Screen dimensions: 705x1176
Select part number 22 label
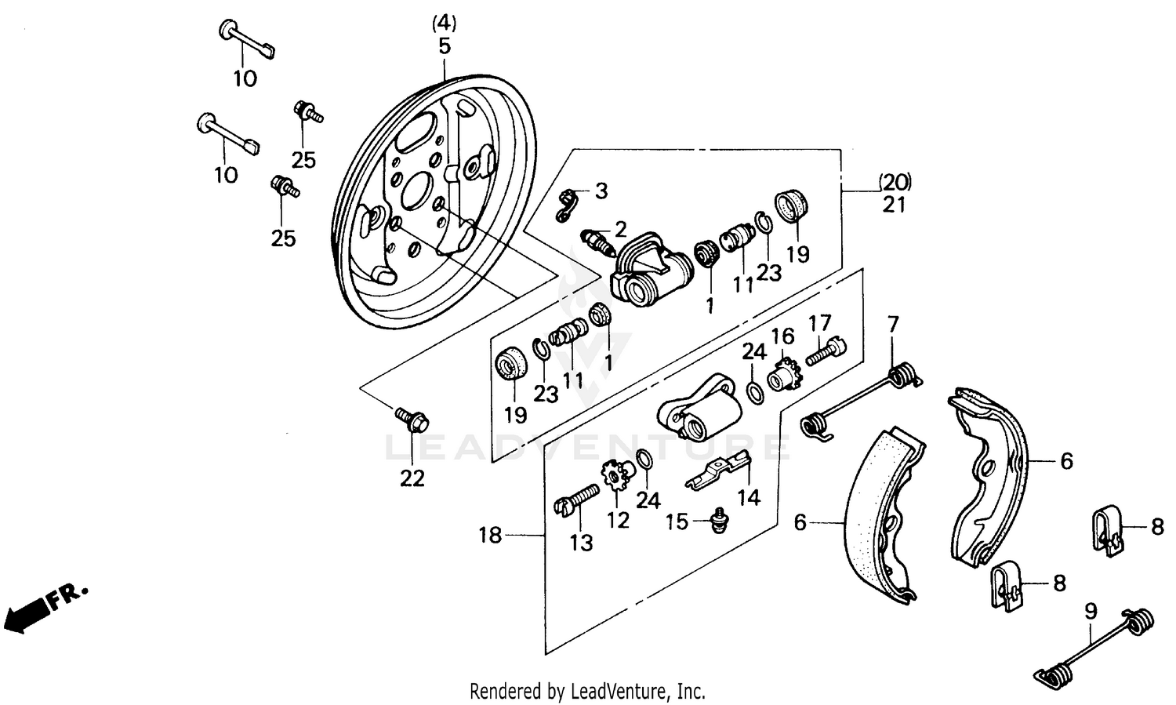pyautogui.click(x=412, y=478)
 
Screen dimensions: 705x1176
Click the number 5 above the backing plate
pyautogui.click(x=445, y=46)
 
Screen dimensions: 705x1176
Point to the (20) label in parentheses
pyautogui.click(x=895, y=182)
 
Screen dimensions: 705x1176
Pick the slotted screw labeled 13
pyautogui.click(x=575, y=500)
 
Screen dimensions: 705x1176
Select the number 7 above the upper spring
pyautogui.click(x=893, y=323)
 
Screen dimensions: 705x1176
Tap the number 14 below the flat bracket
pyautogui.click(x=749, y=497)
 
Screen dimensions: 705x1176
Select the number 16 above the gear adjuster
pyautogui.click(x=782, y=337)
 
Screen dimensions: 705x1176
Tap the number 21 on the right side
pyautogui.click(x=894, y=205)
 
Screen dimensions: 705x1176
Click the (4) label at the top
pyautogui.click(x=445, y=22)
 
